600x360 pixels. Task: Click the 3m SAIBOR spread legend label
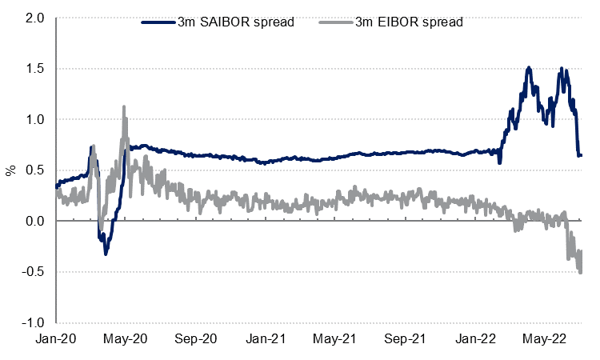pos(236,22)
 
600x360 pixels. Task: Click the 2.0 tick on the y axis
pos(35,18)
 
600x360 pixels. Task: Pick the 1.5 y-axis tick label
pos(35,69)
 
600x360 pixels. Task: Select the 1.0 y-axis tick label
pos(35,119)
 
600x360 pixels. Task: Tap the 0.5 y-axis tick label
pos(35,170)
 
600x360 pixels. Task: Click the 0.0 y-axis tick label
pos(35,221)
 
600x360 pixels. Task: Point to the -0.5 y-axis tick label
pos(33,272)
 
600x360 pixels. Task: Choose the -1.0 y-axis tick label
pos(33,323)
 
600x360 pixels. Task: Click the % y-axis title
pos(11,170)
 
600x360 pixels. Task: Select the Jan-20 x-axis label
pos(57,339)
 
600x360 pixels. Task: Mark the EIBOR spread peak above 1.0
pos(123,107)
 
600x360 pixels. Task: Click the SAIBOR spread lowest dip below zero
pos(106,254)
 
